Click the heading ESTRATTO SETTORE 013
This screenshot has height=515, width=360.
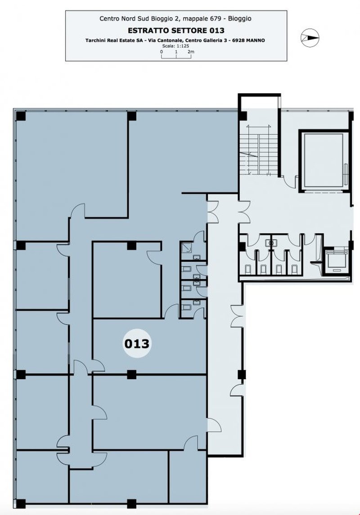click(x=176, y=31)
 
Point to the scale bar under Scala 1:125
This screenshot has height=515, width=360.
click(x=176, y=56)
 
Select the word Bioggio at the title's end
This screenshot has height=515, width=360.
click(x=241, y=19)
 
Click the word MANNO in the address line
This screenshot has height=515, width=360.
click(x=255, y=40)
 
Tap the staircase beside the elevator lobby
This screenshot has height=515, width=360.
click(x=255, y=149)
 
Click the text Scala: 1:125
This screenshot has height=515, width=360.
click(x=176, y=46)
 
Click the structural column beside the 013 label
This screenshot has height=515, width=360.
click(x=132, y=374)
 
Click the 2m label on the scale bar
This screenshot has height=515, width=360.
click(x=191, y=52)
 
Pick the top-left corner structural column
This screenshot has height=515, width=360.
click(x=21, y=116)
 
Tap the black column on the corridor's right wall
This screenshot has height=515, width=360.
click(x=241, y=374)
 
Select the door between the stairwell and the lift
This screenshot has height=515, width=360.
click(x=289, y=182)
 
